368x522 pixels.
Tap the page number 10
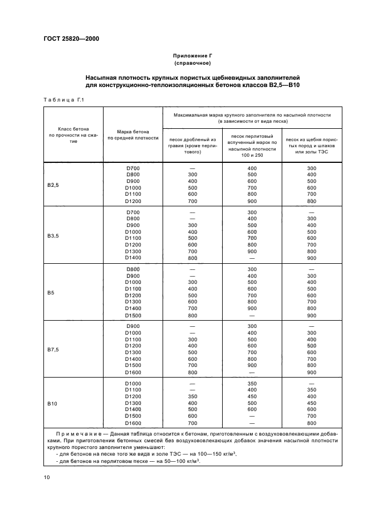coord(47,477)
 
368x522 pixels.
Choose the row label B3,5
coord(53,235)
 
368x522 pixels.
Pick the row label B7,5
coord(53,349)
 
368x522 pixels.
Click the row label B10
coord(52,403)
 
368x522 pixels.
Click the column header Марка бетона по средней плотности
coord(133,134)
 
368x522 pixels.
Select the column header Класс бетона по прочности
coord(73,134)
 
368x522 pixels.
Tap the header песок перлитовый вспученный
coord(252,145)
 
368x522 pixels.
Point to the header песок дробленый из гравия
coord(192,145)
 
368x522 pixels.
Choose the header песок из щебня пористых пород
coord(311,145)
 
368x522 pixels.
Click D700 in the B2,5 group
coord(133,168)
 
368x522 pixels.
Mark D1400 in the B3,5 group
coord(133,258)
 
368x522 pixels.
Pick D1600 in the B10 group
coord(133,423)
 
